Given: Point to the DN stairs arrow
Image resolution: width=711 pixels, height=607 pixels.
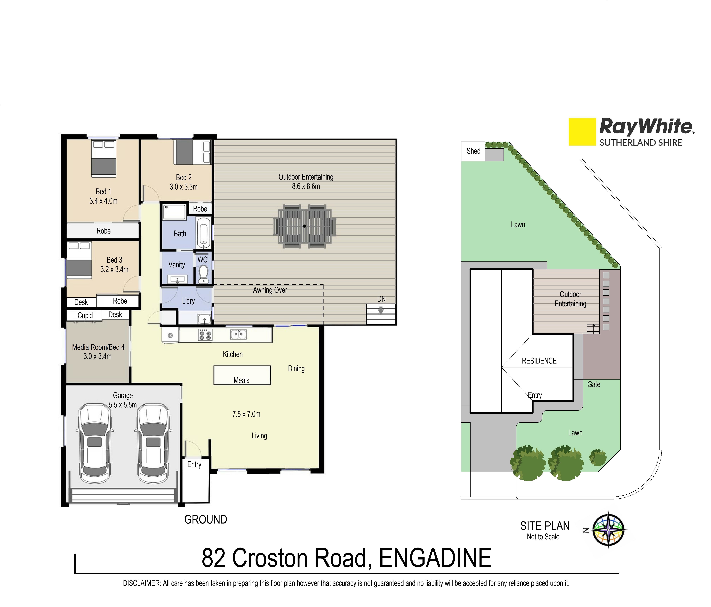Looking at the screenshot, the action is pos(381,310).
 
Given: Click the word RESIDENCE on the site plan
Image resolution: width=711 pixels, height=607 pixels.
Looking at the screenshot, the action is pos(539,361).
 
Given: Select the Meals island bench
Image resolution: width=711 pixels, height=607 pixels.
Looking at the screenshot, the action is pos(242,375).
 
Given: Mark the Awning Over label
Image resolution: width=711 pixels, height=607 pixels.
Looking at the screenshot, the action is pos(270,290).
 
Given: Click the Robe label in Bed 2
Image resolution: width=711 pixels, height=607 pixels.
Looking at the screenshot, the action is pos(200,209).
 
